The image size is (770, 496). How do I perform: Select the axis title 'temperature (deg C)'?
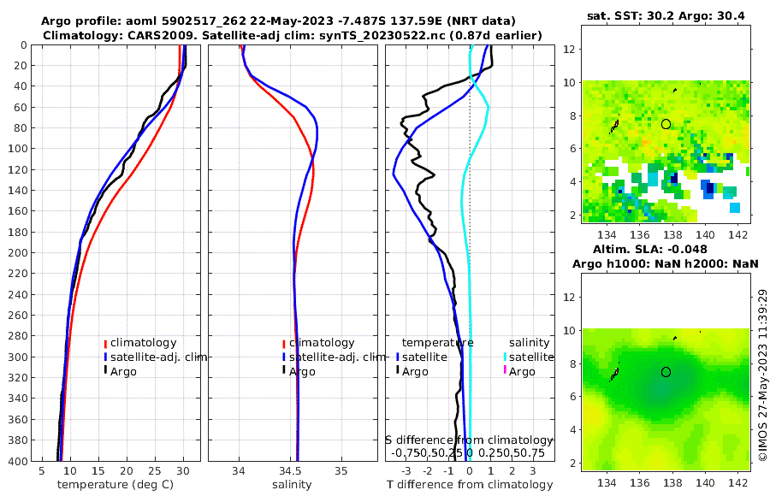click(x=117, y=485)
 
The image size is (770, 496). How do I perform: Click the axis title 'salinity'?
click(x=292, y=485)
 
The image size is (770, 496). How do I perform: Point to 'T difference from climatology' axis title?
click(x=470, y=485)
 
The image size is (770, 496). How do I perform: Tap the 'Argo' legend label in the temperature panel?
click(x=123, y=371)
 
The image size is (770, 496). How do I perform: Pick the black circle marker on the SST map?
click(x=666, y=124)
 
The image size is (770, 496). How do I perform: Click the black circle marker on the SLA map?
click(x=666, y=372)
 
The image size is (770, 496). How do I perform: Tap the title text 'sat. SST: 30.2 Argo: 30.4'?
click(x=666, y=15)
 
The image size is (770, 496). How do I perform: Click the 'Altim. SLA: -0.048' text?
click(x=666, y=249)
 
